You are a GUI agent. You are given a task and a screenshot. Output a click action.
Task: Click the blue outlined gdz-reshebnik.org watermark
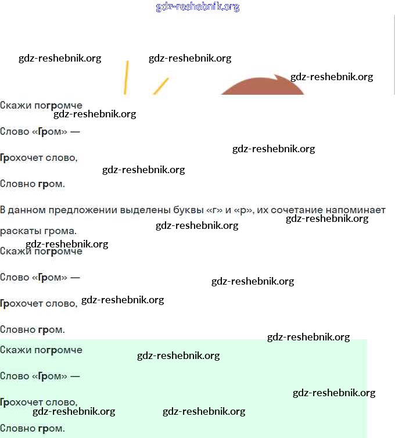point(198,7)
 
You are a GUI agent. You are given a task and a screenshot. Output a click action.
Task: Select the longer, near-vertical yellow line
point(126,77)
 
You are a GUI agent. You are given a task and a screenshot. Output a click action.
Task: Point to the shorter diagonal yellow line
point(161,86)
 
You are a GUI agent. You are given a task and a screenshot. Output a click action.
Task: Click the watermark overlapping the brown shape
point(332,77)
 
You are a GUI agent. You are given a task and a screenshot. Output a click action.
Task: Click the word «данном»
point(27,210)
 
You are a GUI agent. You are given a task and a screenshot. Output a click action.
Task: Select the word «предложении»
point(82,210)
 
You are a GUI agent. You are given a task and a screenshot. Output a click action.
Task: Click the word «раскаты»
point(20,232)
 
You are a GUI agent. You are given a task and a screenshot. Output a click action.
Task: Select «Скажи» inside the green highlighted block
point(15,350)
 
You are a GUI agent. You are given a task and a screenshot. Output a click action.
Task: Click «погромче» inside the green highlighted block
point(58,350)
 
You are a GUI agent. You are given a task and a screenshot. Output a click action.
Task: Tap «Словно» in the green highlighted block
point(17,428)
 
